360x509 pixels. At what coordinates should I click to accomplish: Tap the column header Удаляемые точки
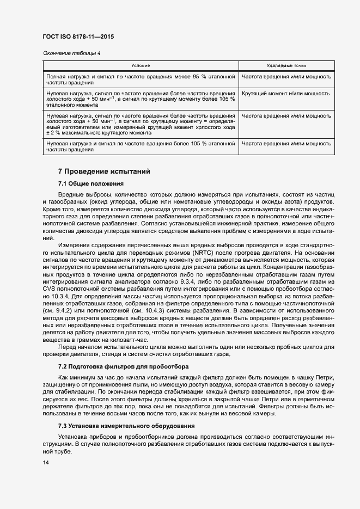[x=286, y=65]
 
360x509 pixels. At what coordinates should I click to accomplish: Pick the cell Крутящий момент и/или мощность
[x=286, y=94]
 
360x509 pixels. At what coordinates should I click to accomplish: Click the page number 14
[x=45, y=463]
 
